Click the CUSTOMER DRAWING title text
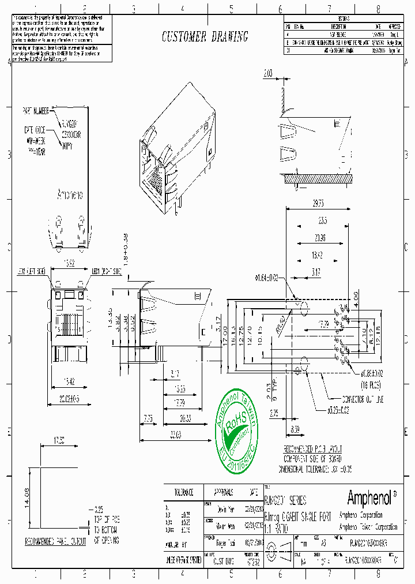(205, 38)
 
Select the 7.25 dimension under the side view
(148, 418)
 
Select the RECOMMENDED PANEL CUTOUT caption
(55, 541)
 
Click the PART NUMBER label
(37, 109)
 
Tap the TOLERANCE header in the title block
(183, 492)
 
